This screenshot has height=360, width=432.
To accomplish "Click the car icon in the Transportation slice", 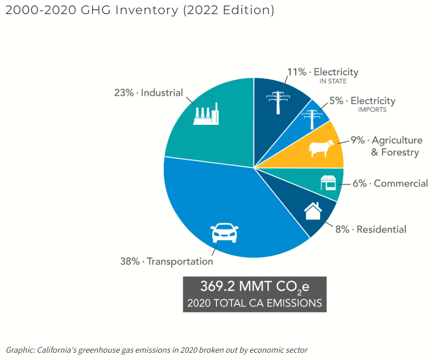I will (x=224, y=233).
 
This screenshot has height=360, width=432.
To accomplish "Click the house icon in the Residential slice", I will (x=313, y=211).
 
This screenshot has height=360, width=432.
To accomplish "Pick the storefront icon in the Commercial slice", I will (x=328, y=183).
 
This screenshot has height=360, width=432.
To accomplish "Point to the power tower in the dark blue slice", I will (x=278, y=103).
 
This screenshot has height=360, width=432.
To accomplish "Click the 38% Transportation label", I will (x=166, y=261).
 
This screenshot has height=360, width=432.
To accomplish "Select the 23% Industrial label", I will (x=148, y=92).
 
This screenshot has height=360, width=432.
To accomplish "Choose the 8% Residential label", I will (x=371, y=229).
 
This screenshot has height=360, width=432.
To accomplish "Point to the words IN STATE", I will (x=333, y=81).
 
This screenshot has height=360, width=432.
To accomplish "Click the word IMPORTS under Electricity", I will (x=372, y=109).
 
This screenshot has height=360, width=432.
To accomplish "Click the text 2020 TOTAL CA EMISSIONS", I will (x=254, y=303).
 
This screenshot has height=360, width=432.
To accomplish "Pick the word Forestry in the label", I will (x=400, y=153).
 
